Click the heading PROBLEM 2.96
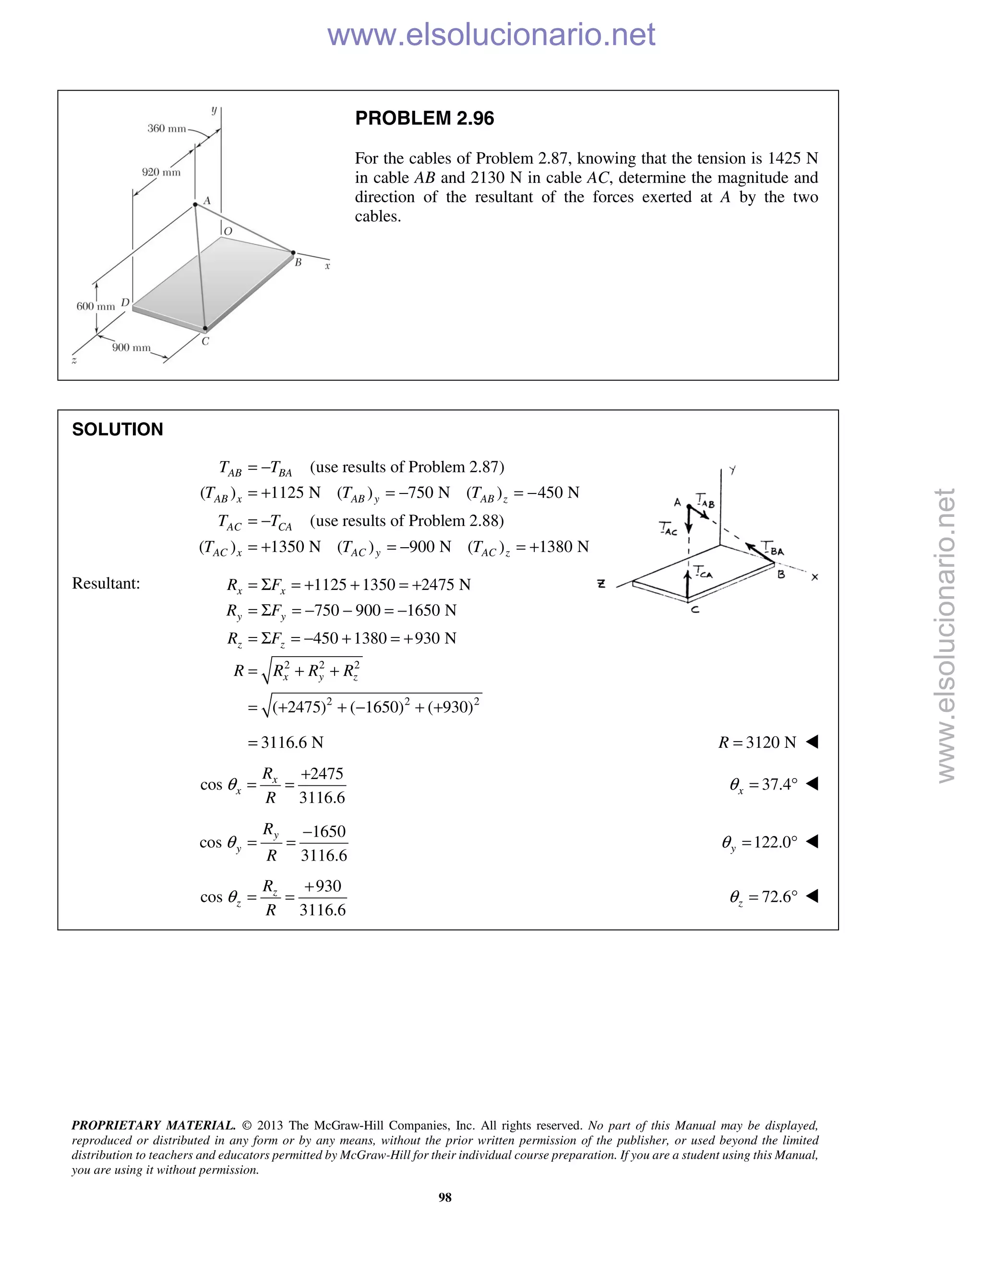pyautogui.click(x=424, y=118)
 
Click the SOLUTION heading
pyautogui.click(x=117, y=429)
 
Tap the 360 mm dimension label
pyautogui.click(x=166, y=128)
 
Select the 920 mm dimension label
pyautogui.click(x=161, y=172)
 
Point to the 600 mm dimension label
pyautogui.click(x=96, y=306)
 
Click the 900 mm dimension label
pyautogui.click(x=131, y=348)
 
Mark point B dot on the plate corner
pyautogui.click(x=293, y=253)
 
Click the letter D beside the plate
pyautogui.click(x=125, y=302)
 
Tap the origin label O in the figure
pyautogui.click(x=228, y=231)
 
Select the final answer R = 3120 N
pyautogui.click(x=756, y=742)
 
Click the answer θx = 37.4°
pyautogui.click(x=763, y=784)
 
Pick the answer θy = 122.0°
pyautogui.click(x=759, y=842)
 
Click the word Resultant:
pyautogui.click(x=106, y=584)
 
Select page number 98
pyautogui.click(x=445, y=1197)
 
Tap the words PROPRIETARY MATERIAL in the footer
pyautogui.click(x=153, y=1125)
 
